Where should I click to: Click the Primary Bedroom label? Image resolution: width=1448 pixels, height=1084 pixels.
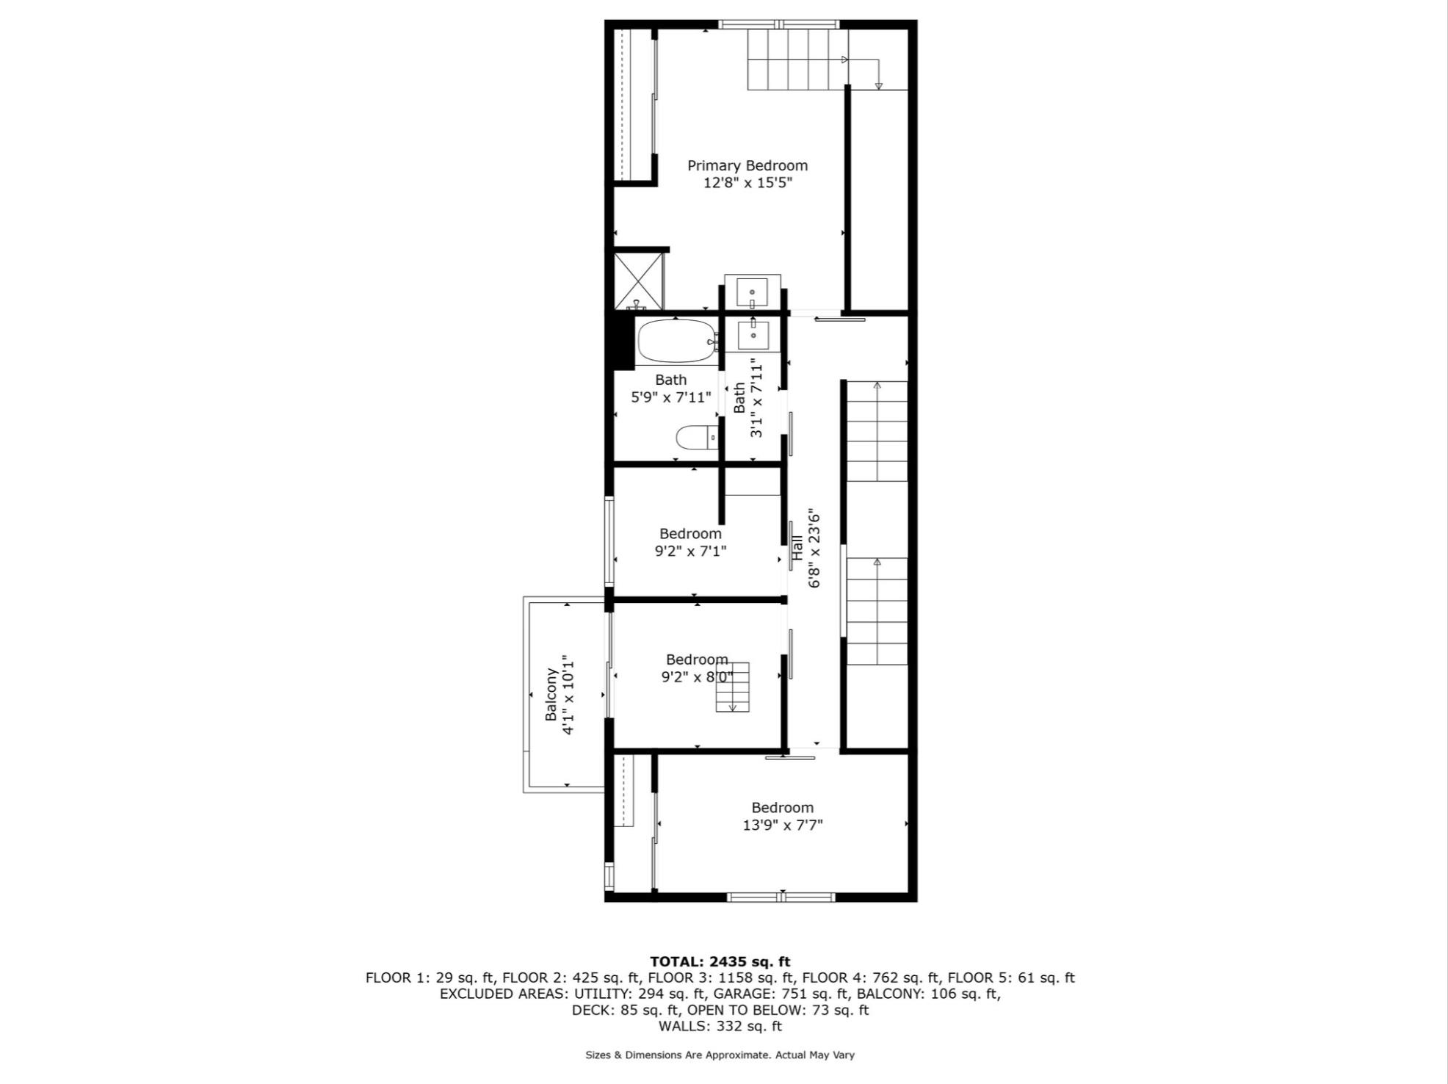(x=747, y=166)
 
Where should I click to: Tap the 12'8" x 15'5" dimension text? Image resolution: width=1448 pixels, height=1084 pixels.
(x=747, y=183)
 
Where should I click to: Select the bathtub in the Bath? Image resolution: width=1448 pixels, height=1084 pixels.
(x=676, y=341)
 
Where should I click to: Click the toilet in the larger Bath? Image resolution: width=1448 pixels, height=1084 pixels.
(x=695, y=438)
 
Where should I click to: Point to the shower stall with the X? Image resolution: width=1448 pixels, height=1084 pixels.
(x=638, y=281)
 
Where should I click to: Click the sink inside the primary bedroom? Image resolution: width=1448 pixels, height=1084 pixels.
(x=752, y=292)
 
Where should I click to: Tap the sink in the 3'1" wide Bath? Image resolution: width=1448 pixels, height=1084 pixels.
(x=753, y=335)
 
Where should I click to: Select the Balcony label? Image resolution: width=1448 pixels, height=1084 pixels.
(x=550, y=694)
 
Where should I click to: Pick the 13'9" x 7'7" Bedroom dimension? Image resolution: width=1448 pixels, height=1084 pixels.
(x=782, y=825)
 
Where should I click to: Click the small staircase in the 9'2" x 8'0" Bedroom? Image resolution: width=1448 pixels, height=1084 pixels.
(x=733, y=687)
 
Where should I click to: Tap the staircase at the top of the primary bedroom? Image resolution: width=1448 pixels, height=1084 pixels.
(x=797, y=59)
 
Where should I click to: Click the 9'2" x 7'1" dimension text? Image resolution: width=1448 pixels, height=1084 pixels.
(x=690, y=551)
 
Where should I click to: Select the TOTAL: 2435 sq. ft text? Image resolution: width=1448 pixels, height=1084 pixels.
(x=720, y=961)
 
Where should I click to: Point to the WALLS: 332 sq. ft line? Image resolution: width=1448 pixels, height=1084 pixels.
(x=720, y=1026)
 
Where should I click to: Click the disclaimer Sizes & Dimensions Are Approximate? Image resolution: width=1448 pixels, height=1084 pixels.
(x=720, y=1055)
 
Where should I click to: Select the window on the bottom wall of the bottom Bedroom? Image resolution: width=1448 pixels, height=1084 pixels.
(x=781, y=897)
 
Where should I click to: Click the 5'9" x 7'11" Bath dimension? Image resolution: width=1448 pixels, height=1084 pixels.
(x=671, y=397)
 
